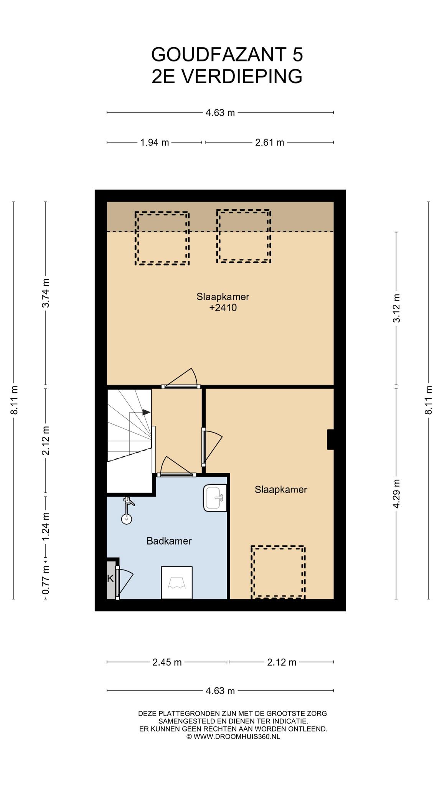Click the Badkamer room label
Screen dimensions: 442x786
tap(169, 541)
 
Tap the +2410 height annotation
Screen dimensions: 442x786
tap(223, 307)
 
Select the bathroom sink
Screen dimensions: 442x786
tap(215, 498)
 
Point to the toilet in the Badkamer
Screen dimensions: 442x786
tap(177, 582)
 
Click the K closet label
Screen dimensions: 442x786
tap(110, 578)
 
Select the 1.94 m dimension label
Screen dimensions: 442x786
tap(155, 143)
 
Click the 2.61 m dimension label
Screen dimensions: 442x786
tap(270, 143)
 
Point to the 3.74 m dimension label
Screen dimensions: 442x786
tap(46, 293)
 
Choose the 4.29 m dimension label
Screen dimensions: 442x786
tap(396, 494)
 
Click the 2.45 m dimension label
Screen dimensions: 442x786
tap(167, 662)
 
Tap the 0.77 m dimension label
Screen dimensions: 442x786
tap(46, 580)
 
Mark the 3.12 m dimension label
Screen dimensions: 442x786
tap(396, 308)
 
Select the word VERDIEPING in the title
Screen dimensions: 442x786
tap(242, 76)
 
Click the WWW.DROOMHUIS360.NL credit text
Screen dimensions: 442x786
tap(237, 736)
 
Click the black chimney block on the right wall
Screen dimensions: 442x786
tap(330, 439)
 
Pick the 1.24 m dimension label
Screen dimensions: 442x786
tap(46, 526)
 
